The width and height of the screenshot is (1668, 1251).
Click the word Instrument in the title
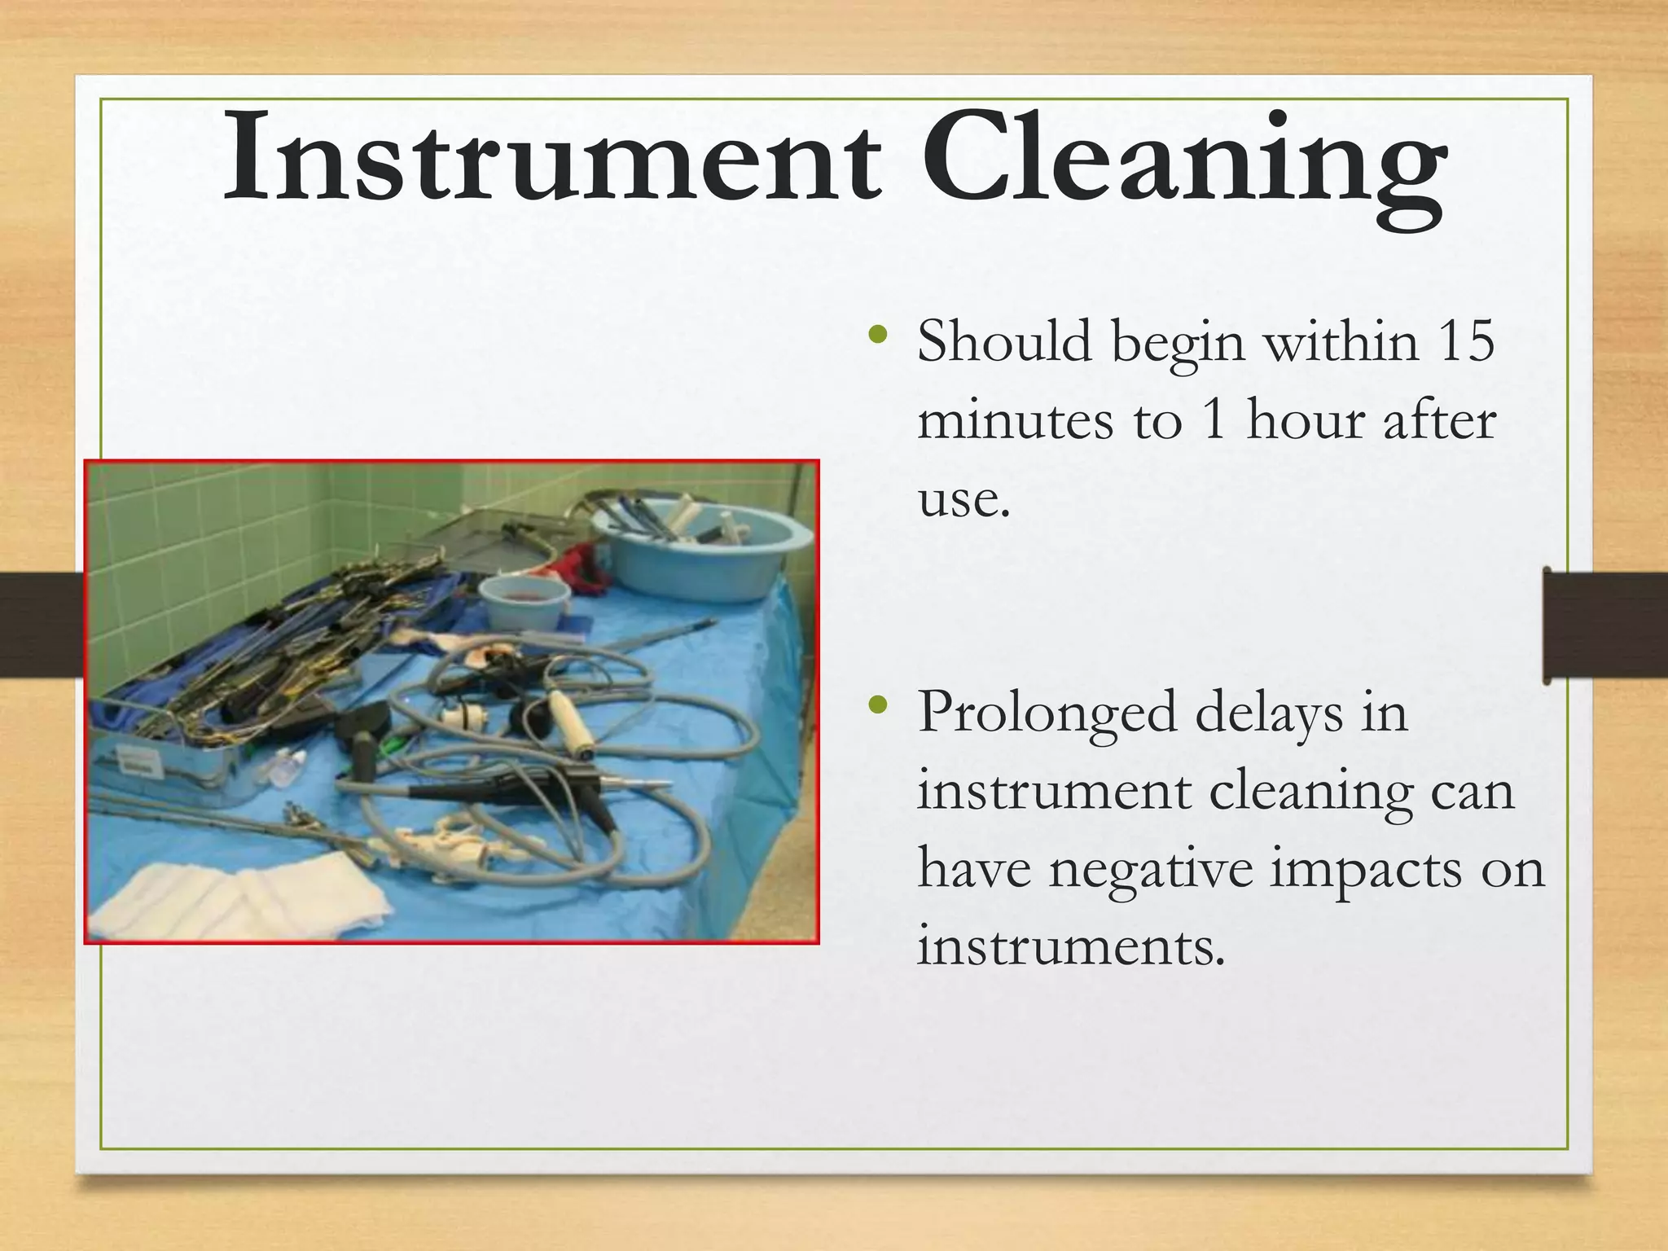(x=551, y=159)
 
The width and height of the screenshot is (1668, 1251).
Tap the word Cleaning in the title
(x=1184, y=163)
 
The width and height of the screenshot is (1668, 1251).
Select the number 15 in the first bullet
(x=1466, y=342)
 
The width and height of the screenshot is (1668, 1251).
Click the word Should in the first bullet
(x=1004, y=342)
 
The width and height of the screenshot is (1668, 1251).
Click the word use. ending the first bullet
(x=964, y=498)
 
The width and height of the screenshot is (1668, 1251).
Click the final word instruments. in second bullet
(x=1071, y=946)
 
